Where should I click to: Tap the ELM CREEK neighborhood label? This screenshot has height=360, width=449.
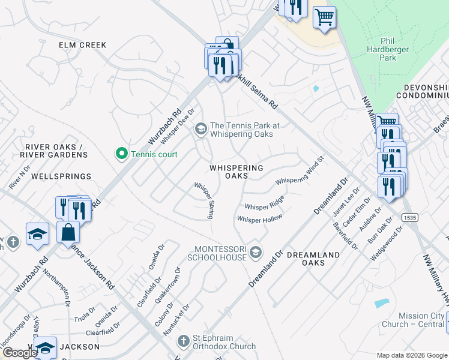pos(82,45)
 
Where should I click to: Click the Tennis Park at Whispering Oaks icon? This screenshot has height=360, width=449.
pos(200,128)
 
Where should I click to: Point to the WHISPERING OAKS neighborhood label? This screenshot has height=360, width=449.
pos(236,172)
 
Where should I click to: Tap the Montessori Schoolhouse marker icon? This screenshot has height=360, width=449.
pos(256,251)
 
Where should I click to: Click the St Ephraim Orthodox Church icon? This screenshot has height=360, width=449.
pos(185,341)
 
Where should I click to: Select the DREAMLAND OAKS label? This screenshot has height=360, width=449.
pos(313,259)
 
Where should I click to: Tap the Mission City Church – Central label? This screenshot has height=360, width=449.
pos(413,320)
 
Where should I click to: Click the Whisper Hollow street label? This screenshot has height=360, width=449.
pos(259,220)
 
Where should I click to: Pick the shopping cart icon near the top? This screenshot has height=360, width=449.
pos(324,17)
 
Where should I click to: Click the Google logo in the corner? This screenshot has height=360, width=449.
pos(19,353)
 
